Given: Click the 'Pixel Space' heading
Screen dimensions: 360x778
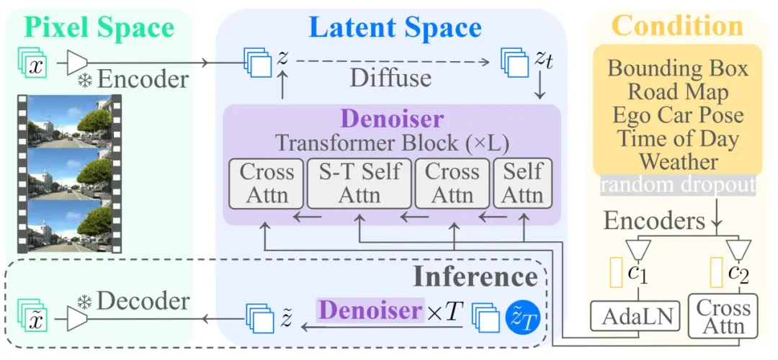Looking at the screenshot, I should pyautogui.click(x=100, y=27).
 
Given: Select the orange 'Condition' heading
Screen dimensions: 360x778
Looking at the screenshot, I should pyautogui.click(x=677, y=26).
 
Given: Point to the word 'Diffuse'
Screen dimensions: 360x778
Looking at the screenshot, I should pyautogui.click(x=391, y=78).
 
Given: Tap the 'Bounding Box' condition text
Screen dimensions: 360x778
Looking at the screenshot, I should pyautogui.click(x=678, y=68).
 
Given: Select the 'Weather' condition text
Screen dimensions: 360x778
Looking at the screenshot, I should pyautogui.click(x=678, y=161).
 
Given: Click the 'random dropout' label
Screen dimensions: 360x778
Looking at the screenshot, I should pyautogui.click(x=677, y=185).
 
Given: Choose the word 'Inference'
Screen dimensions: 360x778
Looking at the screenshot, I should pyautogui.click(x=475, y=277).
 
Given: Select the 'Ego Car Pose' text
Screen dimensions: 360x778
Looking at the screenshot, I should pyautogui.click(x=678, y=114).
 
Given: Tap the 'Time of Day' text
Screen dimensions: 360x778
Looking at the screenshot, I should pyautogui.click(x=678, y=138).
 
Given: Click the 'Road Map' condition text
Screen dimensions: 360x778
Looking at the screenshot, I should pyautogui.click(x=678, y=91).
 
